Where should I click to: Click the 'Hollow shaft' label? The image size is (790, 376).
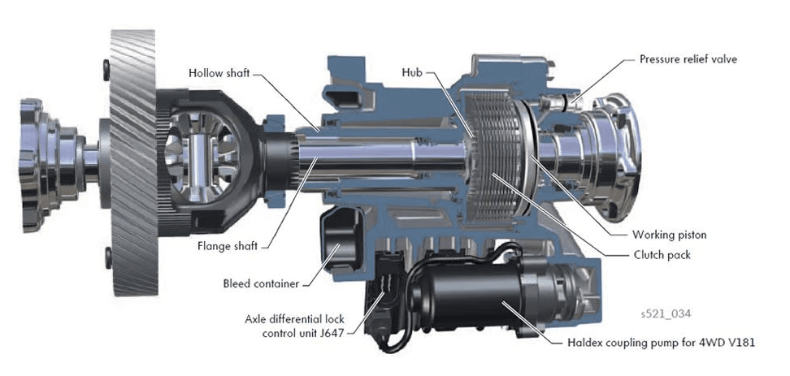pyautogui.click(x=219, y=73)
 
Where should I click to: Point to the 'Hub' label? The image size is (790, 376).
pyautogui.click(x=412, y=72)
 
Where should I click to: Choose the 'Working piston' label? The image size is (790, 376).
pyautogui.click(x=669, y=235)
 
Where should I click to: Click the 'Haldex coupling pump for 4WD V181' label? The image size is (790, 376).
pyautogui.click(x=661, y=342)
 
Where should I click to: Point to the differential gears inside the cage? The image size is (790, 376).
pyautogui.click(x=199, y=154)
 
